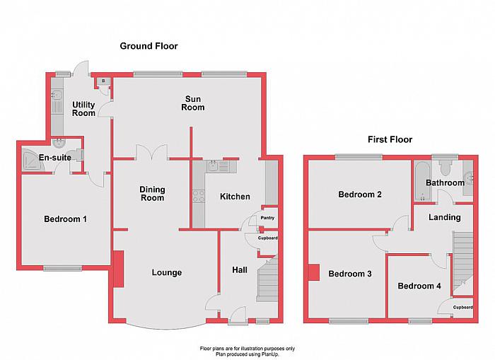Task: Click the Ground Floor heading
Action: [148, 46]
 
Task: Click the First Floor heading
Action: [390, 139]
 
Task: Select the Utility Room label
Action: [83, 109]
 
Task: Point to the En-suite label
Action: [54, 157]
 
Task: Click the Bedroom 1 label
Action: [65, 219]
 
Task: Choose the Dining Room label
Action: [151, 193]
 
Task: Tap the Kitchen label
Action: [234, 197]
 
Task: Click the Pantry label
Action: [268, 218]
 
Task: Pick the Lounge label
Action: [167, 273]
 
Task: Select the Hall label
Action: [239, 269]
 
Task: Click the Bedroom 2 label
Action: [360, 194]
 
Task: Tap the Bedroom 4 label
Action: [419, 286]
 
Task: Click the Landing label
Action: [445, 217]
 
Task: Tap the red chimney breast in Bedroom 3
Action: [313, 272]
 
